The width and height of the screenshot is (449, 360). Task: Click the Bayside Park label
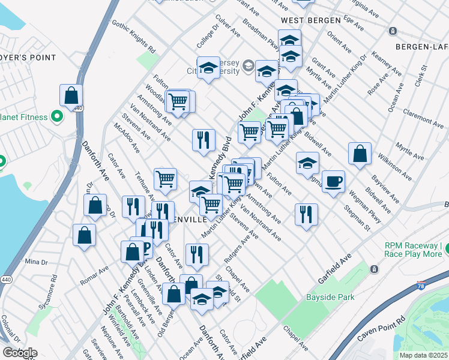tap(330, 296)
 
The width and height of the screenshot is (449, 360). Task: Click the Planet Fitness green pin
tap(58, 116)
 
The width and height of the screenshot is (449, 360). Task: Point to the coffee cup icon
tap(333, 181)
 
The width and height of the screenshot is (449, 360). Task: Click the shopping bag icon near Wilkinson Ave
tap(360, 154)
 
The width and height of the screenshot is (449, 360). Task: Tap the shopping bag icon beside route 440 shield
tap(71, 95)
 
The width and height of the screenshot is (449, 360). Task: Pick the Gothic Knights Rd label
tap(133, 35)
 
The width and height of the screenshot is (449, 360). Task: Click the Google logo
tap(20, 353)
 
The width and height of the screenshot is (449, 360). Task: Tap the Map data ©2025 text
tap(423, 355)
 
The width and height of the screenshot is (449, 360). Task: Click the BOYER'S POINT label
tap(28, 58)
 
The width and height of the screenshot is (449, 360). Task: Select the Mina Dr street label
tap(36, 262)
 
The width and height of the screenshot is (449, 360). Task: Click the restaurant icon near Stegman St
tap(306, 214)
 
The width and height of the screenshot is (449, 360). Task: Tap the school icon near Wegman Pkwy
tap(307, 163)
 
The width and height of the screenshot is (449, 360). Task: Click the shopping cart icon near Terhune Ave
tap(165, 179)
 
